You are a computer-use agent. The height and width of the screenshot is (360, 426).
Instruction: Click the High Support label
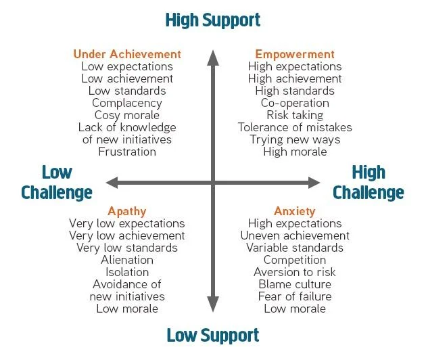212,20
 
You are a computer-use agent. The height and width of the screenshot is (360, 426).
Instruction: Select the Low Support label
212,335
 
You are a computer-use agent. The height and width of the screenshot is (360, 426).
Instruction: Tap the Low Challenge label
57,183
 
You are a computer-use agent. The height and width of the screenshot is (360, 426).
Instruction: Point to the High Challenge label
369,183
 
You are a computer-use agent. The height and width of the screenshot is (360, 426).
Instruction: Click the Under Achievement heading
127,54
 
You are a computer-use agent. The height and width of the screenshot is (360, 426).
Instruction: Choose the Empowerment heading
295,54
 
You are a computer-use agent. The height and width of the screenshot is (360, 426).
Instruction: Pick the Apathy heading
127,211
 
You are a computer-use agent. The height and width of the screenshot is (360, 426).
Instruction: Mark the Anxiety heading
295,211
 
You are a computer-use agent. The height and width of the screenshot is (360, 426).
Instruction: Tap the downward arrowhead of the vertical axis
213,309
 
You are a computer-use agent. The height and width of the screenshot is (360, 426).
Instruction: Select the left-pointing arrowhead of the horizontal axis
112,182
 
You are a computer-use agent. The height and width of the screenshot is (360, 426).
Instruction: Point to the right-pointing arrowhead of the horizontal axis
314,182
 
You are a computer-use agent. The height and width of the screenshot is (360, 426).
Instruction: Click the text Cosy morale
127,115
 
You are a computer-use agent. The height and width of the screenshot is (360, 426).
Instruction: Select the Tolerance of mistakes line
295,127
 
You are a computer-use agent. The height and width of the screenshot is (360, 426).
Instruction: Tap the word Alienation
127,260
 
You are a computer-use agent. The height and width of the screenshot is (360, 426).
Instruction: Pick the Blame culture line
295,284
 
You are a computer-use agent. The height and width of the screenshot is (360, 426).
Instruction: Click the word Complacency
127,103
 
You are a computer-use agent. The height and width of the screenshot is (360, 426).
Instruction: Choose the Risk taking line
295,115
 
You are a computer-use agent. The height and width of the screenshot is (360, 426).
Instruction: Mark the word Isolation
127,272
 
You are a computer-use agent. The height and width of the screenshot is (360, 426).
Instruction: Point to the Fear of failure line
295,296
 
